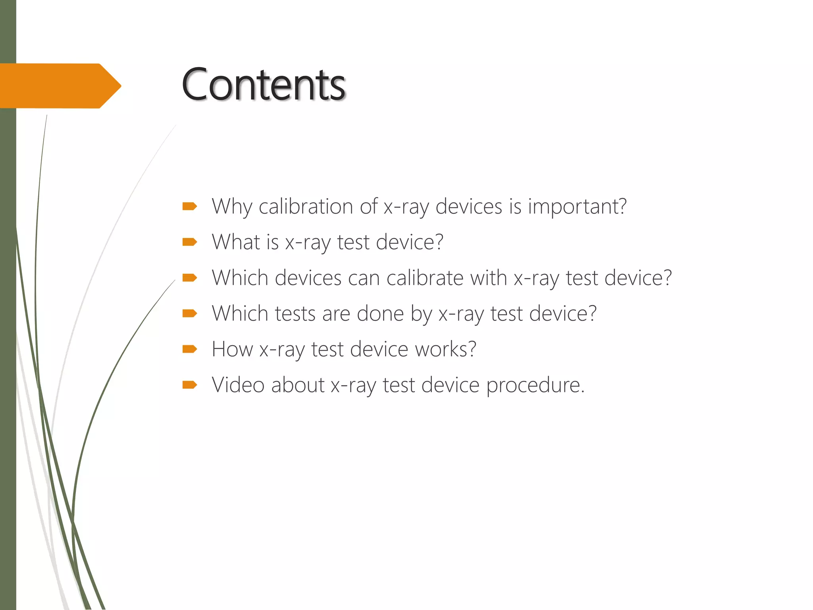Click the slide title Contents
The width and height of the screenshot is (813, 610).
263,85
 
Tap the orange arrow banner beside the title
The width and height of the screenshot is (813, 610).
60,86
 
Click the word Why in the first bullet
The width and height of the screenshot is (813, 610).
232,207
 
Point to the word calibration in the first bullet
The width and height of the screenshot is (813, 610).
306,207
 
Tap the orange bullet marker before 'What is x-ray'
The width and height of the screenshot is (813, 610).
190,242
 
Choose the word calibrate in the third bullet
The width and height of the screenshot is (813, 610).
425,278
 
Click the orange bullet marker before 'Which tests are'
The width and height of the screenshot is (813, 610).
190,314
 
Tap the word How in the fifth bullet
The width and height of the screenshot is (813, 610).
232,349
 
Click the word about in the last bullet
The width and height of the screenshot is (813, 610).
298,385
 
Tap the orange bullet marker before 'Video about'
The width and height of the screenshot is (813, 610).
190,384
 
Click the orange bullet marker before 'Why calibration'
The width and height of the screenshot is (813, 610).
190,206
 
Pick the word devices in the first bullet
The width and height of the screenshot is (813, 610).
469,207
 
